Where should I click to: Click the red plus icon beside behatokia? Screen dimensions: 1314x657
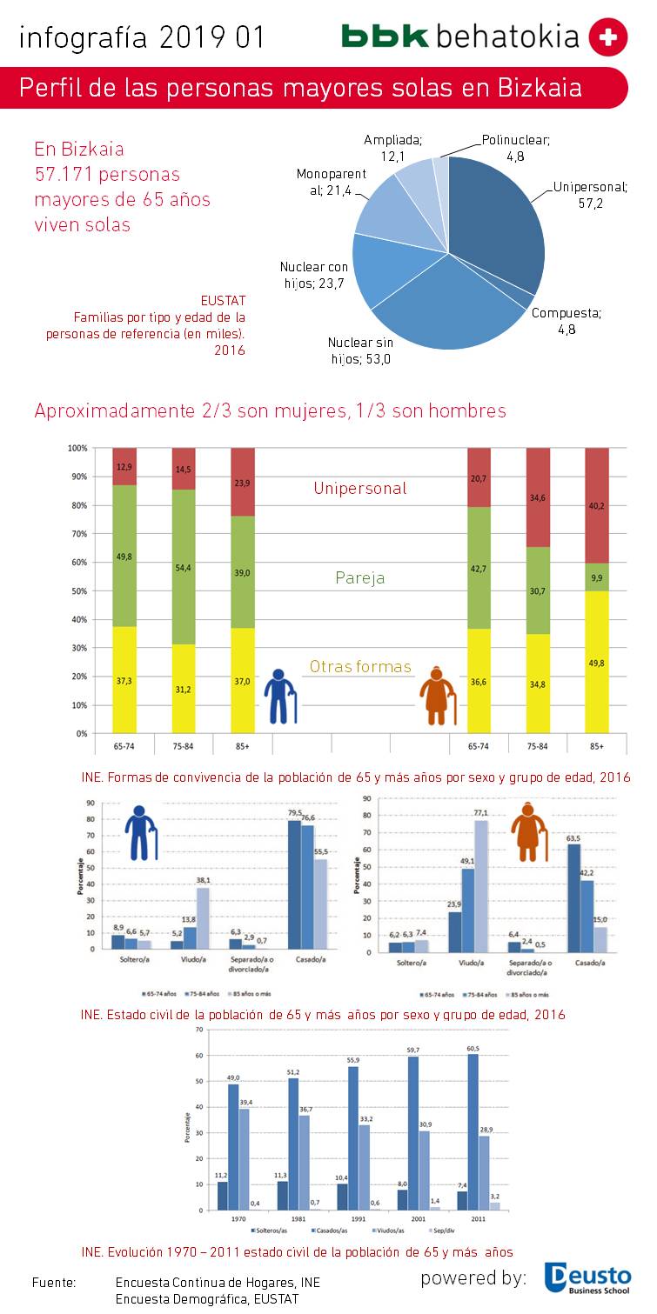click(x=607, y=37)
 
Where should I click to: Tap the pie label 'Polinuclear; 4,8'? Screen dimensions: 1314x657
click(x=515, y=147)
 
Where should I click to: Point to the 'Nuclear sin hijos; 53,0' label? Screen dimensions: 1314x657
click(x=359, y=350)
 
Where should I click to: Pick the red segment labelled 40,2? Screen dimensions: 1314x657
click(x=597, y=505)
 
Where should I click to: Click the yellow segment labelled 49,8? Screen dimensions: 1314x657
click(x=597, y=661)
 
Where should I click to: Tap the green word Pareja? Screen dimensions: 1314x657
click(x=359, y=577)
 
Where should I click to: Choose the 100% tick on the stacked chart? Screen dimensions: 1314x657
click(x=77, y=448)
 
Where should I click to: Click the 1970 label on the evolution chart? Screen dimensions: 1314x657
click(x=238, y=1219)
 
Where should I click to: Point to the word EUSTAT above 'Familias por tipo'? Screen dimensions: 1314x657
click(x=223, y=301)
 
